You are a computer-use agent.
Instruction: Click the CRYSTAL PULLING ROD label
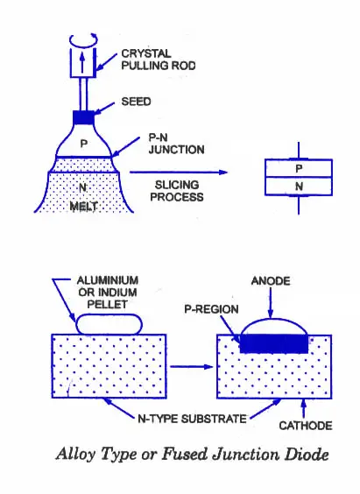pos(159,60)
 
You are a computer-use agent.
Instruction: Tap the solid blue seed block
pos(83,118)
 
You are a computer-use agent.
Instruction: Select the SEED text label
pos(136,102)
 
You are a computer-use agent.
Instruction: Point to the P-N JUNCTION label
pos(176,144)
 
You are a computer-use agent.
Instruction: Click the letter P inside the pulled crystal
pos(83,144)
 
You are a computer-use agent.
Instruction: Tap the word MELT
pos(83,207)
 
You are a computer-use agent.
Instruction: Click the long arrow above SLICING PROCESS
pos(179,173)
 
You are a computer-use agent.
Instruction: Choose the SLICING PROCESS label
pos(177,191)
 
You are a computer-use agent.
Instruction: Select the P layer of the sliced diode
pos(299,168)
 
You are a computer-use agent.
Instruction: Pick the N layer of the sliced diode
pos(299,187)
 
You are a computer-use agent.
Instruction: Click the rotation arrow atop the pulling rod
pos(83,39)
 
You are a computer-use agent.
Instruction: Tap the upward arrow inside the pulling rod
pos(82,62)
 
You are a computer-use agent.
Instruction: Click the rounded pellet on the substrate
pos(109,324)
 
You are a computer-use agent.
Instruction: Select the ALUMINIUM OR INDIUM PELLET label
pos(108,293)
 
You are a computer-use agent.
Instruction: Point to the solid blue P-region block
pos(274,343)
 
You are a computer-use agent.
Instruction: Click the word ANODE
pos(271,280)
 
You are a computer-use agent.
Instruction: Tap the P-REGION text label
pos(211,309)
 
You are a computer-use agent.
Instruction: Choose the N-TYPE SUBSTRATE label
pos(192,419)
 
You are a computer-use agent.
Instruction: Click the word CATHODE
pos(306,426)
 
